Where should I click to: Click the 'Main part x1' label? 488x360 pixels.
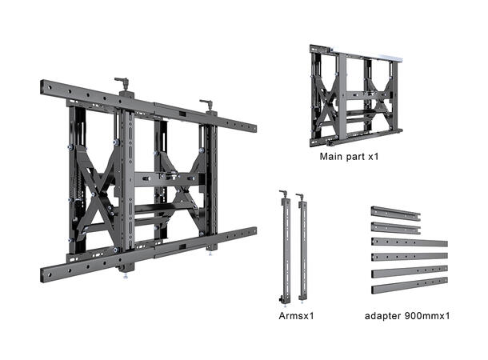point(348,156)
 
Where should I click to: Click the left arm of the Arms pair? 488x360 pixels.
point(284,248)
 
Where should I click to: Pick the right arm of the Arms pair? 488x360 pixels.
point(302,248)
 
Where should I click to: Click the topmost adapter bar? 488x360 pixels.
point(395,214)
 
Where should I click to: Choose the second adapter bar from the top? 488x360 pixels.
point(395,228)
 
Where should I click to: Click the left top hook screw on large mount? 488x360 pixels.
point(122,82)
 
